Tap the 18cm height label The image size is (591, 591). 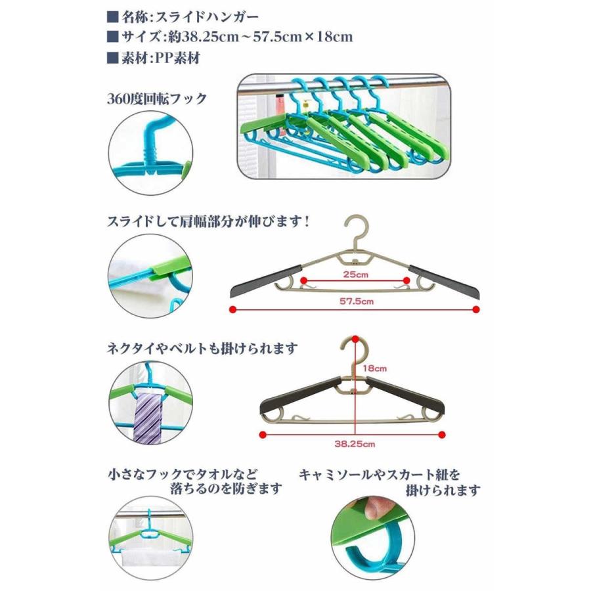click(375, 368)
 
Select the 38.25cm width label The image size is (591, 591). click(355, 444)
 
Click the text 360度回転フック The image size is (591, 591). click(157, 99)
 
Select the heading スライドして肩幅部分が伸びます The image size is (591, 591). click(208, 221)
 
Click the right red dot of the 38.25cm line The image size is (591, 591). click(445, 435)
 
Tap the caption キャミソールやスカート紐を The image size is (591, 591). click(380, 473)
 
